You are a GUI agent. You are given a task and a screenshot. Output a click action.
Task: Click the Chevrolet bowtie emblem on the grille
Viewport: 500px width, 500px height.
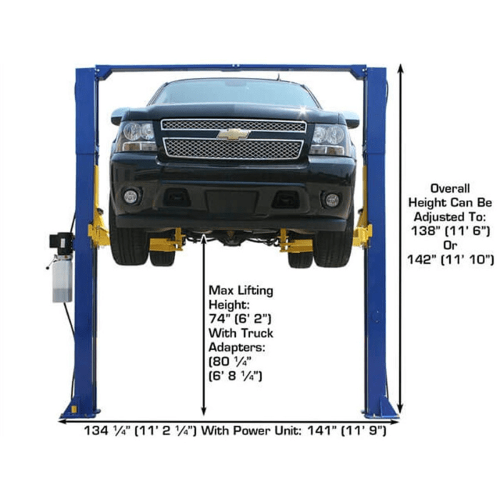[x=234, y=134]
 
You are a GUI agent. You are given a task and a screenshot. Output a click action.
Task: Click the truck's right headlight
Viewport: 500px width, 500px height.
[x=329, y=135]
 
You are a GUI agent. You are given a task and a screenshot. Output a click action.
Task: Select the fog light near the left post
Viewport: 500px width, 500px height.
[x=131, y=196]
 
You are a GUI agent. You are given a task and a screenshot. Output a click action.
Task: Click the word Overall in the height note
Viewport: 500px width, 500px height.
[x=450, y=189]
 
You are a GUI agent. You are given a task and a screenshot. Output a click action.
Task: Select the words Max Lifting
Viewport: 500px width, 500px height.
[x=241, y=291]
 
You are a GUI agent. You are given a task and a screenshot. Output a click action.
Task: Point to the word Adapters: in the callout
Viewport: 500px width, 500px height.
[x=234, y=346]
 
